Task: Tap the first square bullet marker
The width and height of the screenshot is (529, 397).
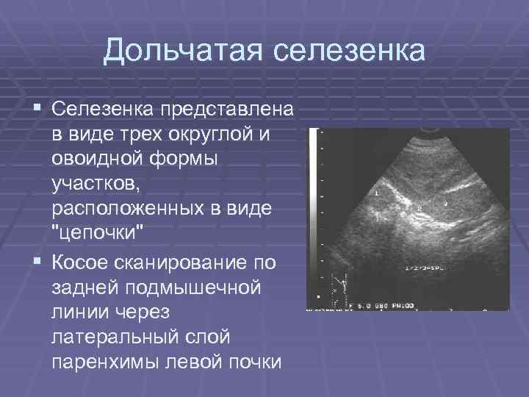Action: (x=38, y=110)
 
